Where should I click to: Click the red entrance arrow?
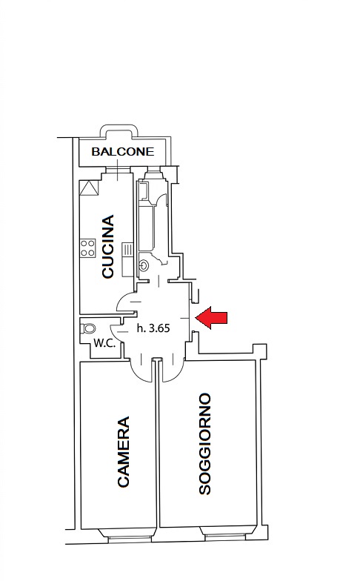[211, 317]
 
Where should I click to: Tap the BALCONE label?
[123, 151]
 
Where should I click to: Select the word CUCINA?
[108, 246]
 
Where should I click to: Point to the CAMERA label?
[123, 451]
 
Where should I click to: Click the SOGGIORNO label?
[204, 443]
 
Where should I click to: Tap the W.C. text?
[104, 343]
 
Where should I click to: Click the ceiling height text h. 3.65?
[153, 328]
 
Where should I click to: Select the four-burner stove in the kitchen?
[88, 248]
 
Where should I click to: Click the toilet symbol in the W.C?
[87, 328]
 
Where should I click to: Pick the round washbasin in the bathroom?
[144, 265]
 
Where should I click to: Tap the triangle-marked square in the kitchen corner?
[89, 187]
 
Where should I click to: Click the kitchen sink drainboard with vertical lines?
[127, 249]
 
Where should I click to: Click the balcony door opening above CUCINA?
[119, 170]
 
